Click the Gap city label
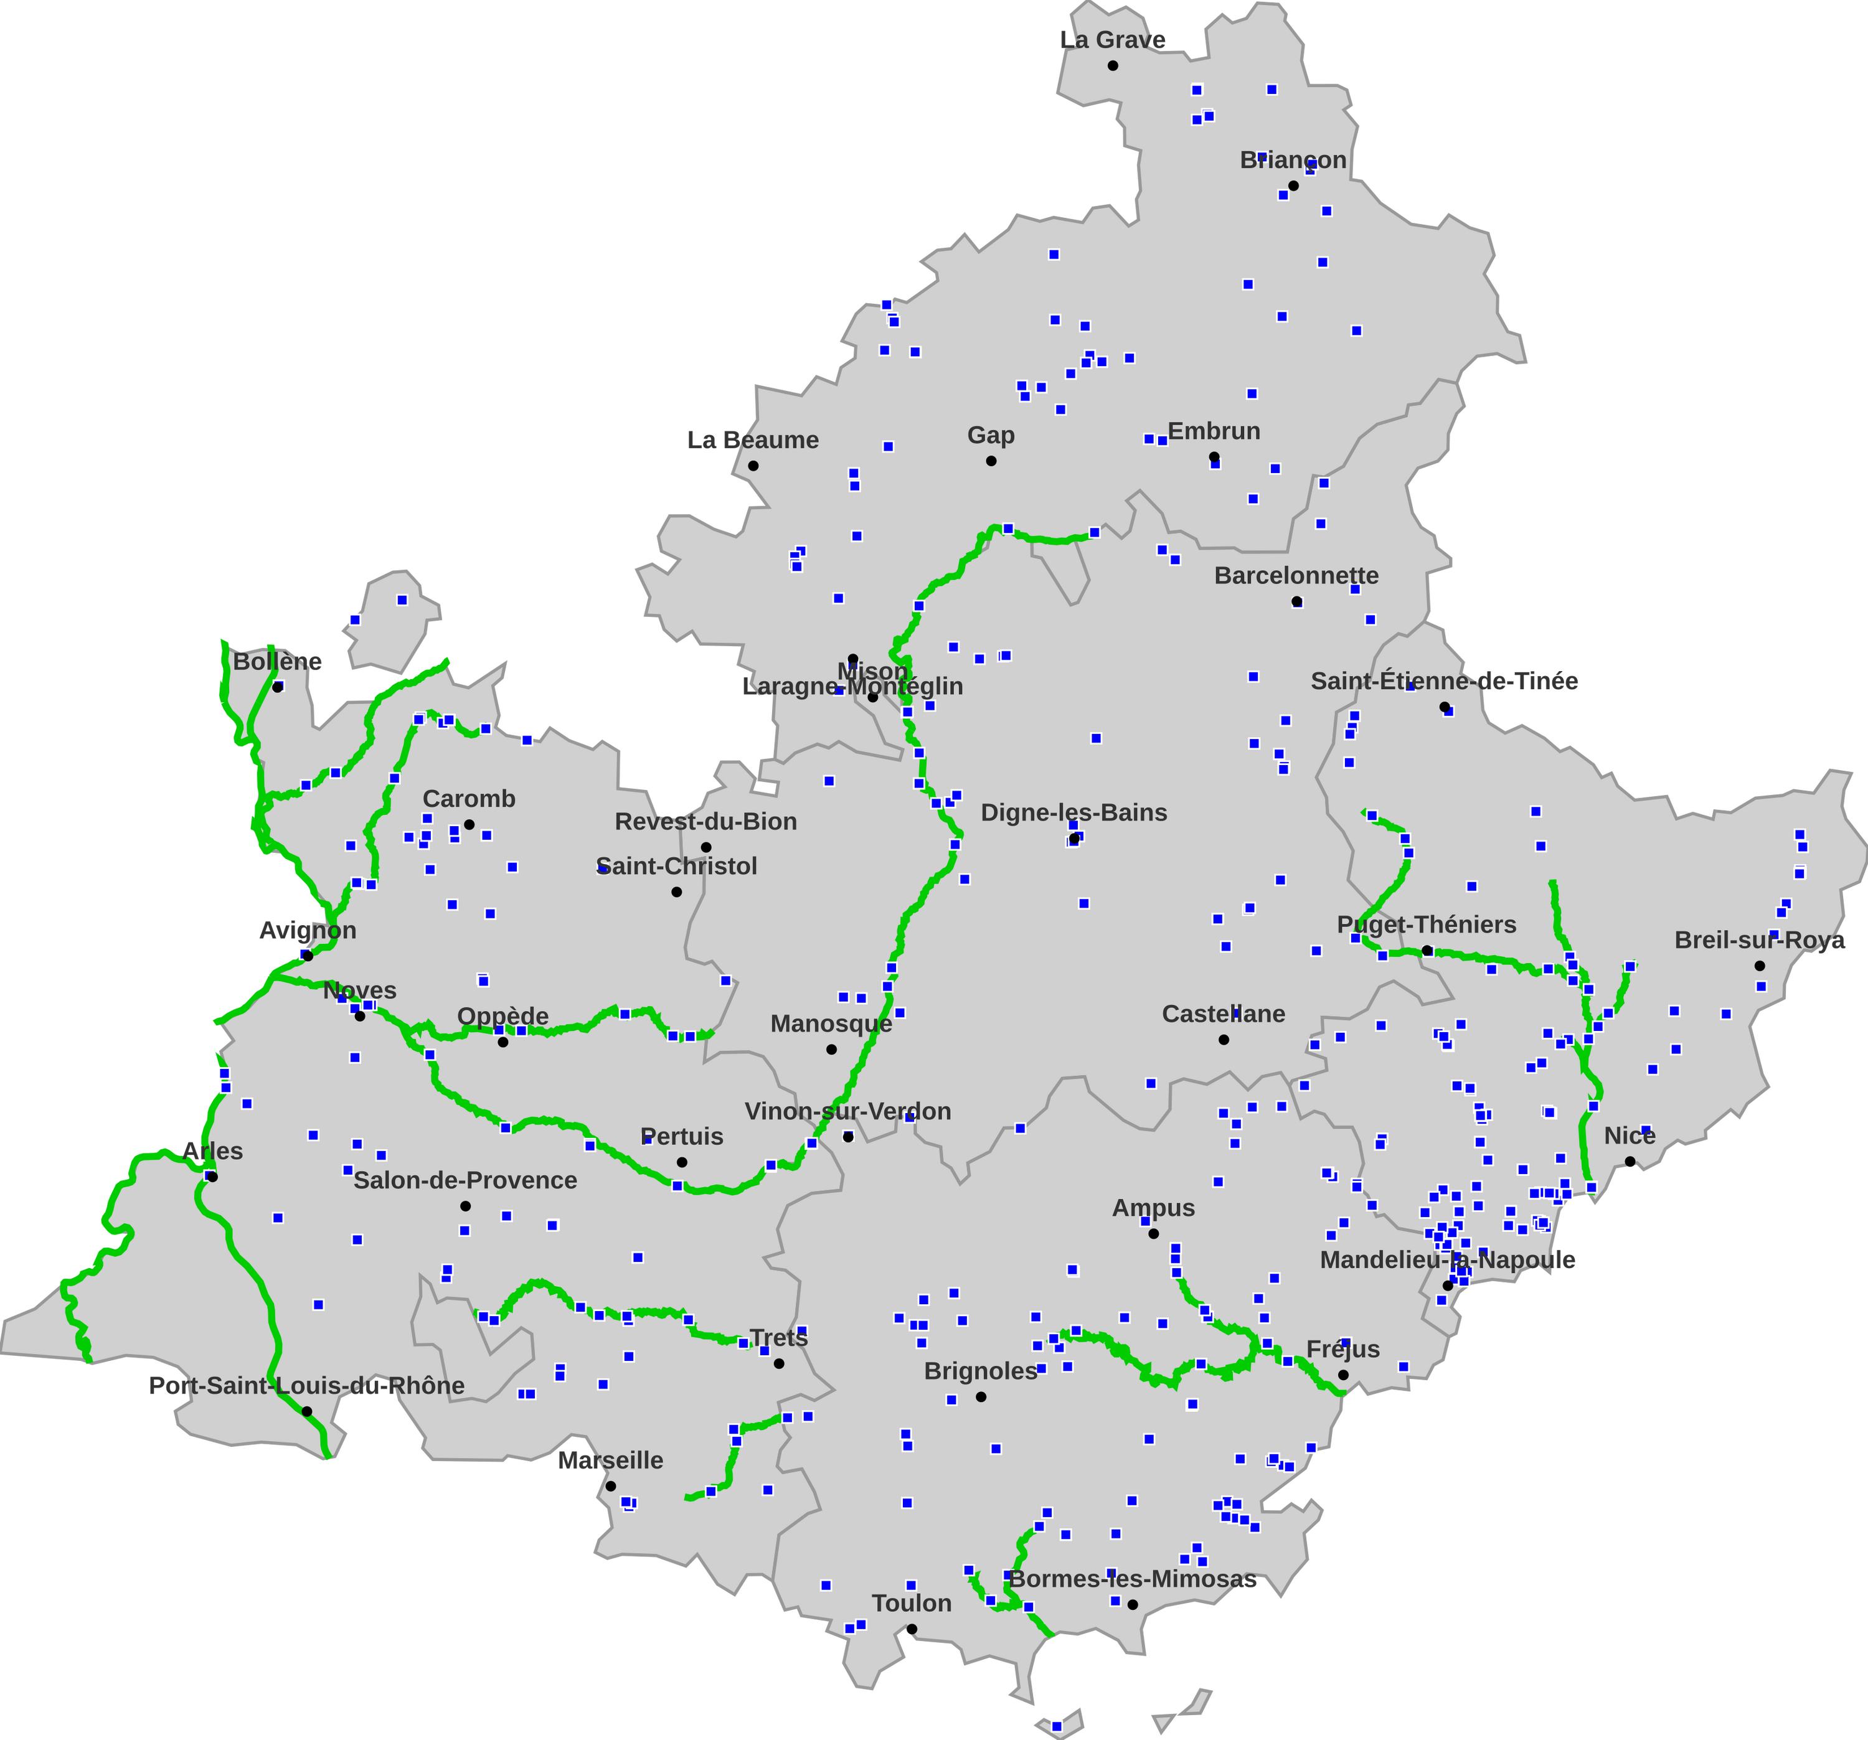[991, 435]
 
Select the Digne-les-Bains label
[1074, 812]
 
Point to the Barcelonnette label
[1296, 575]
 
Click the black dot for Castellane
[1224, 1039]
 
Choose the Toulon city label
[912, 1603]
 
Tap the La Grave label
[1113, 39]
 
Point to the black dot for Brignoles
[981, 1396]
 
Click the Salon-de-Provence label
[465, 1180]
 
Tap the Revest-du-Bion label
[705, 821]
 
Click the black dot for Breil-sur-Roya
[1759, 966]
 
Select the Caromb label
[469, 799]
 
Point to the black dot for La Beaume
[753, 465]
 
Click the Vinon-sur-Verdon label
[847, 1111]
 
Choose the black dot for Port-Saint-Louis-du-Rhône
[306, 1411]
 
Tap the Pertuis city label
[682, 1137]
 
